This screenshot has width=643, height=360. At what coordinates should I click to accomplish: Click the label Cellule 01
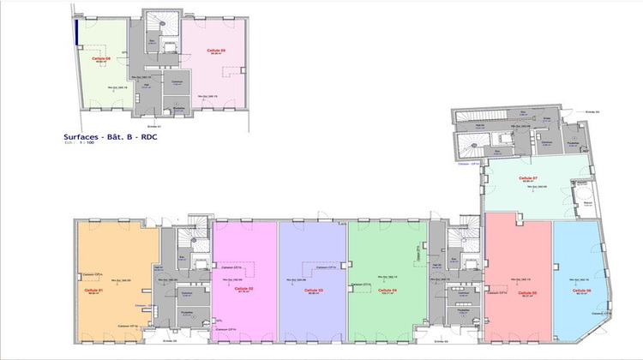point(94,290)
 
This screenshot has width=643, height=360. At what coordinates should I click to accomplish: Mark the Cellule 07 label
point(529,178)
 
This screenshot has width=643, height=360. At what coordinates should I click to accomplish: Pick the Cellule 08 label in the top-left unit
point(104,57)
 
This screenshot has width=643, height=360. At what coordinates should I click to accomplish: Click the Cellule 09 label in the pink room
point(216,51)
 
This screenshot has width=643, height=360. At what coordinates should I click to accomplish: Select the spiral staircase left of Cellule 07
point(473,142)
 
